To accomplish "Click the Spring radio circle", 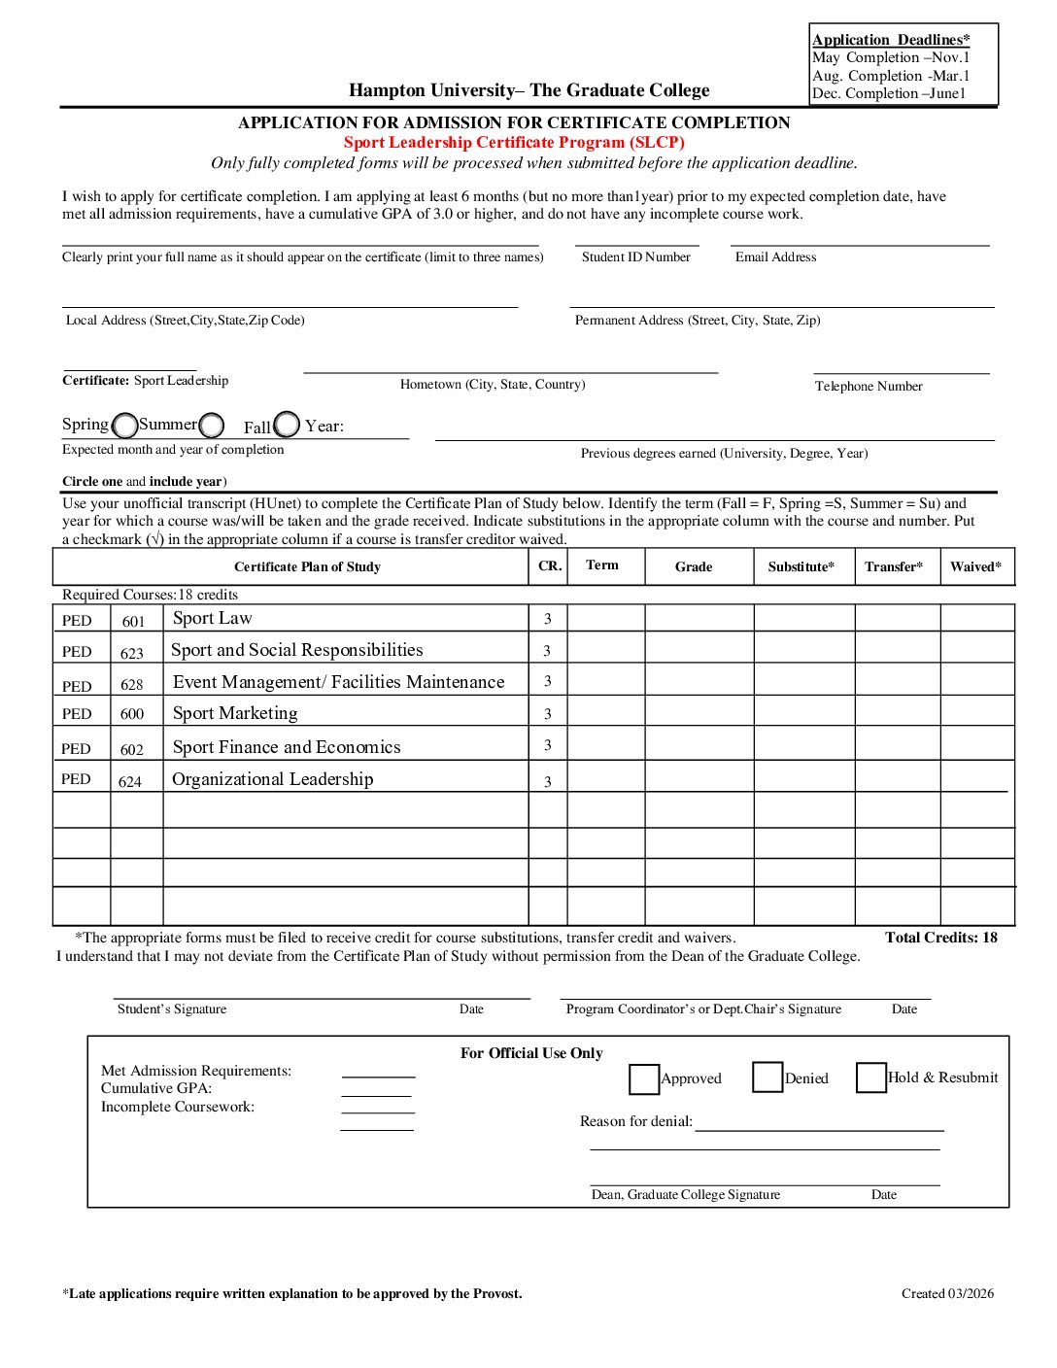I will click(x=125, y=426).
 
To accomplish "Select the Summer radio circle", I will click(x=212, y=426).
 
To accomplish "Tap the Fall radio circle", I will click(x=287, y=425).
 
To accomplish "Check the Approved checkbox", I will click(x=643, y=1078).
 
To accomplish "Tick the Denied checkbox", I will click(x=767, y=1077).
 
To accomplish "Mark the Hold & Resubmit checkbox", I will click(x=870, y=1077).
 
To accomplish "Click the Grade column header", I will click(x=694, y=566).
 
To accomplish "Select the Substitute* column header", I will click(x=801, y=566).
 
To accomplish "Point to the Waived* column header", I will click(x=975, y=566).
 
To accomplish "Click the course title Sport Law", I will click(x=212, y=618).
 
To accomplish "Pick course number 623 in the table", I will click(x=132, y=653).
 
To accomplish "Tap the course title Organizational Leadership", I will click(x=272, y=779).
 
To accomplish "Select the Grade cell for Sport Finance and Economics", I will click(x=699, y=744).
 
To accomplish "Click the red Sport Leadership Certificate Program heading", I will click(x=514, y=142).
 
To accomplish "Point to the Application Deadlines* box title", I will click(x=891, y=40).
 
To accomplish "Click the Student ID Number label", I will click(x=636, y=257).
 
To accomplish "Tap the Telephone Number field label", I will click(x=869, y=386).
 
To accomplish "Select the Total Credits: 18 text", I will click(x=940, y=938).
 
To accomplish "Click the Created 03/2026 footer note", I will click(x=947, y=1293).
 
